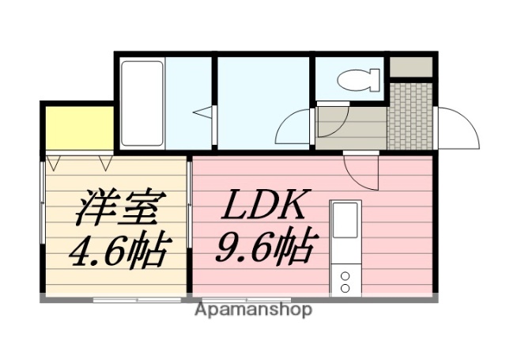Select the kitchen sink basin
tap(346, 221)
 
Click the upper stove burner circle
tap(345, 276)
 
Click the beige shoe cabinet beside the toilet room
tap(412, 66)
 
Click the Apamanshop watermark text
tap(253, 309)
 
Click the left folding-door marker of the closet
tap(54, 163)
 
